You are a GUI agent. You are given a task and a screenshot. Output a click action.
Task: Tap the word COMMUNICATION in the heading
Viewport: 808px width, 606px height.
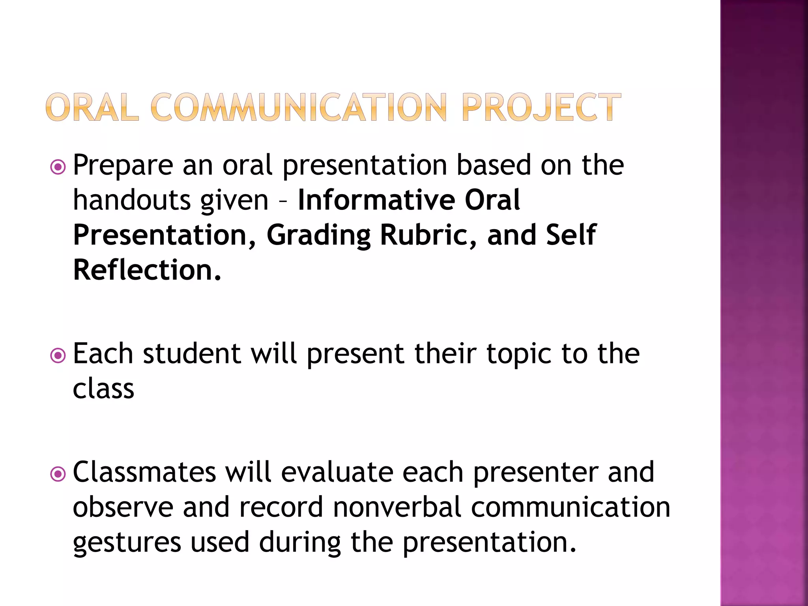298,107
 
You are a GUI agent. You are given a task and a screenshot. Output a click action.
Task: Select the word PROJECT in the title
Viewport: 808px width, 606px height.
541,107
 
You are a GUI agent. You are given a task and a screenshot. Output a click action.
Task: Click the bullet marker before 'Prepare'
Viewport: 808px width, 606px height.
58,167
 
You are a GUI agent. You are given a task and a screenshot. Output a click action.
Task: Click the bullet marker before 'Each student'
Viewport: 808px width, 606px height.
58,356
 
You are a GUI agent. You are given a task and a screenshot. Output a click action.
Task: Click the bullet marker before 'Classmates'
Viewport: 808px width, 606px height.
58,474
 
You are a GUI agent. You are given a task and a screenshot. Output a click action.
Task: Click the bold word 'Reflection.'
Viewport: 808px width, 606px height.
147,270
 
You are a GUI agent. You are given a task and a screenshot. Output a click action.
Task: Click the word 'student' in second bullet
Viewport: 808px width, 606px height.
192,354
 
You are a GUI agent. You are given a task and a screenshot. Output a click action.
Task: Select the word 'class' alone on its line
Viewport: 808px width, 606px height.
103,389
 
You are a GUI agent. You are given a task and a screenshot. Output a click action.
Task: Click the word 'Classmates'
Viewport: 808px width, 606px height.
144,472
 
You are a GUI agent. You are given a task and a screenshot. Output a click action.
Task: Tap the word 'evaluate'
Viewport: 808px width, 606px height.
337,472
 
